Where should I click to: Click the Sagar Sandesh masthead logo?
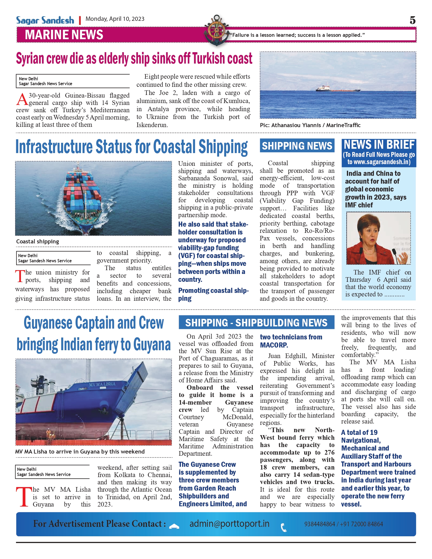45,20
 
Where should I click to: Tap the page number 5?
412,20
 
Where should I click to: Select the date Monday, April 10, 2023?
115,19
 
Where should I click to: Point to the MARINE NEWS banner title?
64,35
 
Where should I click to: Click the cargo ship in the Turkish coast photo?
338,88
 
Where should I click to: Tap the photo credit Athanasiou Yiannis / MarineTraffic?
310,125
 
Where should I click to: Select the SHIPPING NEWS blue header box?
297,146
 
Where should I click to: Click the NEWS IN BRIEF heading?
379,145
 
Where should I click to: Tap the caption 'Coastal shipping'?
38,242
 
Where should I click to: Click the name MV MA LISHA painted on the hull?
102,384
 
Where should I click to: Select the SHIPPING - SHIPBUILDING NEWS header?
256,323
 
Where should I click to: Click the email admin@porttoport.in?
229,524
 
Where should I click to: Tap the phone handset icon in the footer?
284,527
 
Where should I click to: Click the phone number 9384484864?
320,524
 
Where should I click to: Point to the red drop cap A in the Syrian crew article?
22,100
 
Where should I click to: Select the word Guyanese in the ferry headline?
48,323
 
